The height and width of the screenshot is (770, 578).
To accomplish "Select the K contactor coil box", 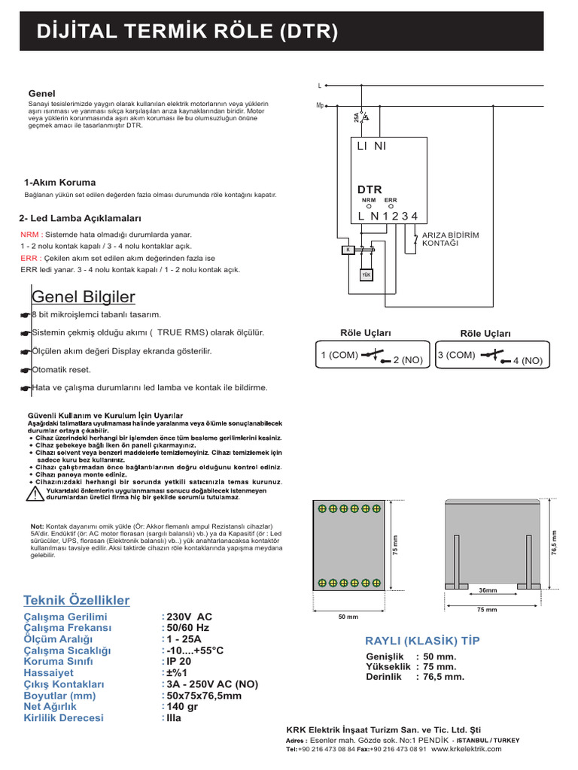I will (x=348, y=250).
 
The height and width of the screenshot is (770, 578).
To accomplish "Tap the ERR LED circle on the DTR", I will (x=391, y=206).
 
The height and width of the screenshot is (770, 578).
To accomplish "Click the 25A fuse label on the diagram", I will (x=356, y=118).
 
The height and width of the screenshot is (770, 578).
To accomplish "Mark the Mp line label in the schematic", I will (x=320, y=105).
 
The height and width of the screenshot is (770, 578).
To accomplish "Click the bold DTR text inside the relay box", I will (x=370, y=189).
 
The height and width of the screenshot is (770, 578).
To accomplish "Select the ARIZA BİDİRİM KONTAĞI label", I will (x=450, y=239).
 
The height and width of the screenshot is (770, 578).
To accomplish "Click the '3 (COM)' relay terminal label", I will (x=456, y=355).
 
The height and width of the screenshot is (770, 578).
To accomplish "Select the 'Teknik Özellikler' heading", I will (x=77, y=600).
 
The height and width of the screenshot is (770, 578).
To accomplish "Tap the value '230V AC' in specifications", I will (x=190, y=617).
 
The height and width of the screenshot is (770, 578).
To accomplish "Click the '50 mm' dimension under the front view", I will (x=348, y=617).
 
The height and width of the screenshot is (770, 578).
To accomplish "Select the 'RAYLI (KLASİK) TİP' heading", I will (x=421, y=641).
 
